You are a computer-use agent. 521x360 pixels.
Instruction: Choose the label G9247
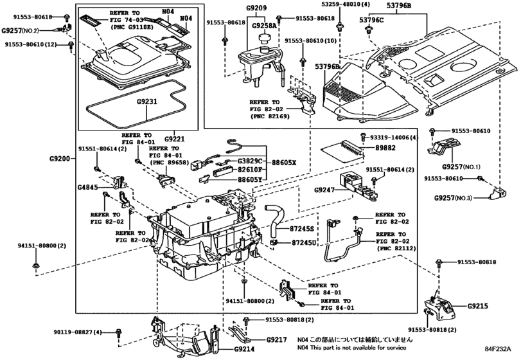326,191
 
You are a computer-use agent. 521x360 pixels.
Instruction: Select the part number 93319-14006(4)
394,138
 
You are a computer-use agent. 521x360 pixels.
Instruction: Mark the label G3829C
249,161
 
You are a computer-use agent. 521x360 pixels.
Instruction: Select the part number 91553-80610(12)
33,44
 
